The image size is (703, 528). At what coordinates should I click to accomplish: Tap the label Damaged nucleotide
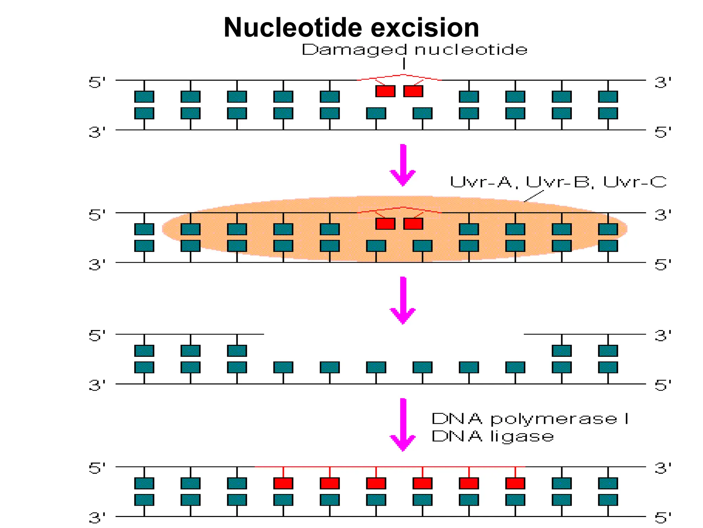tap(414, 50)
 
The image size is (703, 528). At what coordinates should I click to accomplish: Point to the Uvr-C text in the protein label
tap(634, 182)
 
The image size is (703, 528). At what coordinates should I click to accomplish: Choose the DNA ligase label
tap(492, 436)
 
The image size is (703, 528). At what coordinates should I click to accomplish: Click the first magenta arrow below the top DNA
tap(403, 165)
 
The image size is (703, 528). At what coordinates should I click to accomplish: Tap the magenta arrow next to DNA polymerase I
tap(403, 425)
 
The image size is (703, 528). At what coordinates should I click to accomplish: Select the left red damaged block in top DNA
tap(385, 91)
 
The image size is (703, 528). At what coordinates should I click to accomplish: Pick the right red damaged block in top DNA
tap(413, 91)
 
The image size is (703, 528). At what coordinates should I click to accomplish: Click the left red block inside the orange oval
tap(385, 224)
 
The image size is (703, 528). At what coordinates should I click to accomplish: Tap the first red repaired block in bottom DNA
tap(283, 483)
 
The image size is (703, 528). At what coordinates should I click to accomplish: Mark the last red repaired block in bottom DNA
tap(515, 483)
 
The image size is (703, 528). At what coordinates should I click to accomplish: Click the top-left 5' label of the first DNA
tap(97, 83)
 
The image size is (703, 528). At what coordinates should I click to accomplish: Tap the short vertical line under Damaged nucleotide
tap(404, 64)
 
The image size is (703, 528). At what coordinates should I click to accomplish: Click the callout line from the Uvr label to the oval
tap(534, 196)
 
